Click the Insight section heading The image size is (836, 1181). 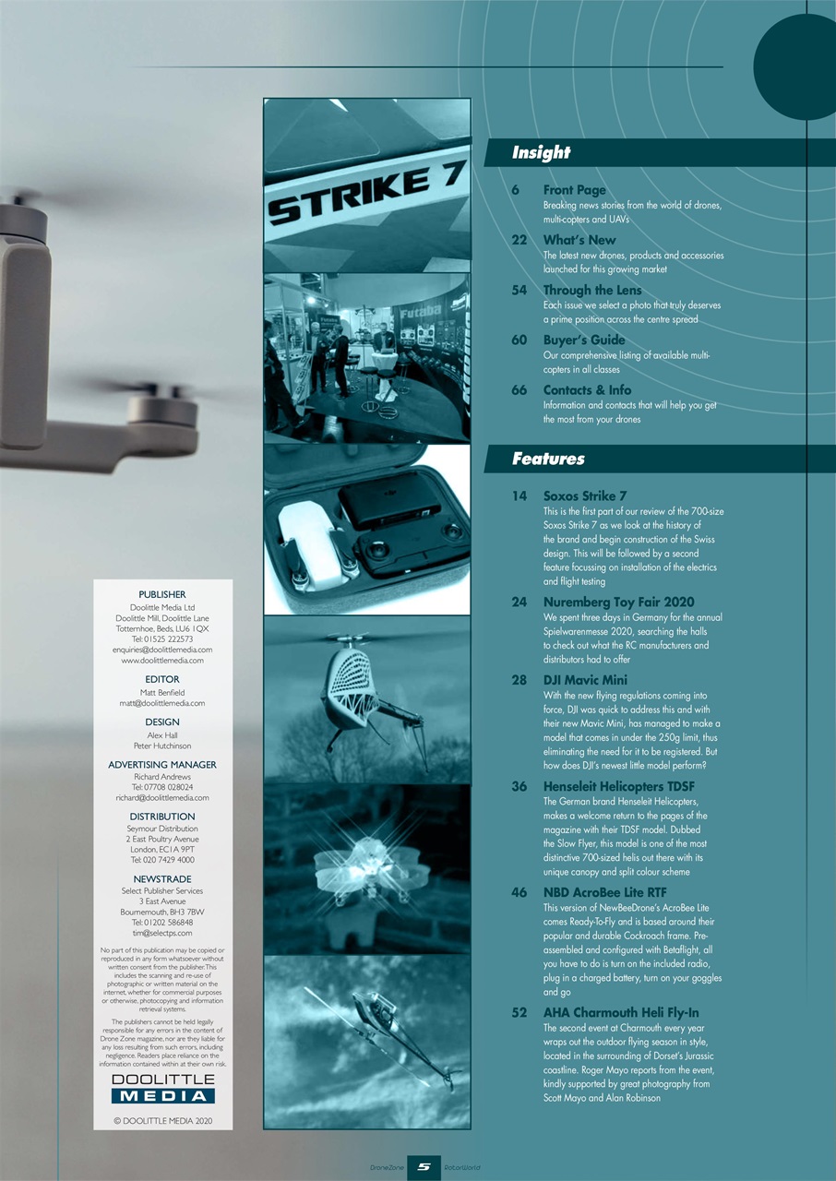[x=541, y=152]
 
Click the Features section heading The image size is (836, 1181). [x=548, y=459]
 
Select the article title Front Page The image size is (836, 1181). [x=574, y=190]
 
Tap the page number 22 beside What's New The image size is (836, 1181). [x=520, y=240]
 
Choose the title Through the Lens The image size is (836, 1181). [x=591, y=290]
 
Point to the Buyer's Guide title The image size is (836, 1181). [x=584, y=340]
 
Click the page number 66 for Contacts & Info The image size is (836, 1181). [x=520, y=389]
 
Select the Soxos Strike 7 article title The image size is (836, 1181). [x=585, y=495]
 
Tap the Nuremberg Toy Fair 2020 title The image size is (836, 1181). [x=618, y=602]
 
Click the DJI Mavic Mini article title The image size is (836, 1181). [x=586, y=680]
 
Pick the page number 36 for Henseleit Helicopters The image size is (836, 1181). [x=520, y=786]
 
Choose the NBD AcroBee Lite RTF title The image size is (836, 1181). [x=604, y=892]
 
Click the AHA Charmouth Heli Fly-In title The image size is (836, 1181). [x=621, y=1012]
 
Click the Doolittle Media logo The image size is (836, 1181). [x=162, y=1088]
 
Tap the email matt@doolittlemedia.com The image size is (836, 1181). [x=162, y=703]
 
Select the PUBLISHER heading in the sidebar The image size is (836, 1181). [x=162, y=594]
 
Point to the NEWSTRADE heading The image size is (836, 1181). [x=162, y=879]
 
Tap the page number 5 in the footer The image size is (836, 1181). [x=423, y=1167]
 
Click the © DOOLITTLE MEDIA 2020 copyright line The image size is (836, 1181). [x=162, y=1121]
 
